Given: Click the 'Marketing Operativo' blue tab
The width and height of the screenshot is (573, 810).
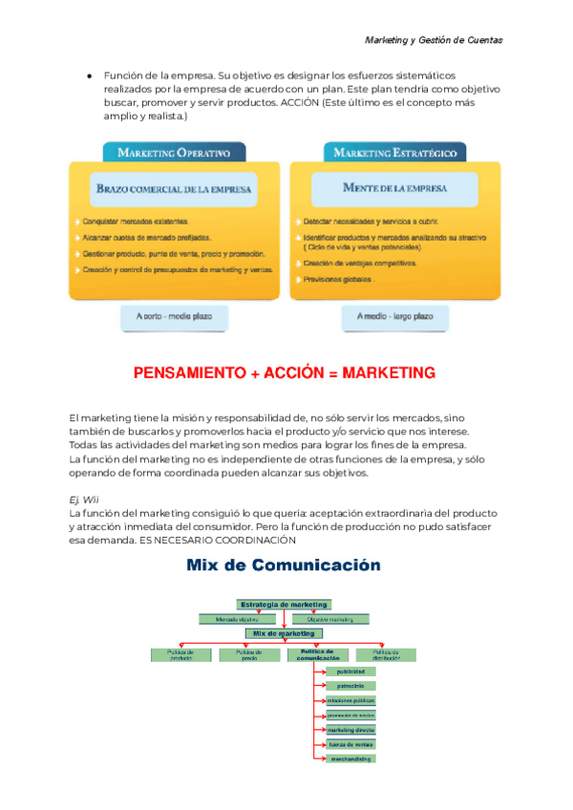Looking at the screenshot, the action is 174,152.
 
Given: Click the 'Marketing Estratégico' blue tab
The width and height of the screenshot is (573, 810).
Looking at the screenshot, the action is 395,152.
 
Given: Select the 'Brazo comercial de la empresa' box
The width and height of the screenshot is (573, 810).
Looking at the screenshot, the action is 174,189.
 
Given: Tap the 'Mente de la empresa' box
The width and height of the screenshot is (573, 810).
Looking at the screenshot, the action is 394,188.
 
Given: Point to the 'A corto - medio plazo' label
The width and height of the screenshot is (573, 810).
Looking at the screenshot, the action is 175,315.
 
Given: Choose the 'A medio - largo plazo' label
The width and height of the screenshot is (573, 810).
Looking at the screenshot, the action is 394,315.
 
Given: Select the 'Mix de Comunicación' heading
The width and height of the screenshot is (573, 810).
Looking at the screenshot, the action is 284,565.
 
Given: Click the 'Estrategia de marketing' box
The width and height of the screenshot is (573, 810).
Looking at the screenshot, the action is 284,604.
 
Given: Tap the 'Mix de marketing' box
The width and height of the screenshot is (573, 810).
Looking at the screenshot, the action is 284,633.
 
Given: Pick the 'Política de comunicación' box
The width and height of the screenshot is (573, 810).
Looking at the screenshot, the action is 318,654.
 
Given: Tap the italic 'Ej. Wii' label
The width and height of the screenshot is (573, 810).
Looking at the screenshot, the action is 84,500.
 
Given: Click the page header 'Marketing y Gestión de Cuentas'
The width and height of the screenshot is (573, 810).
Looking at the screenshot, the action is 434,40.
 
